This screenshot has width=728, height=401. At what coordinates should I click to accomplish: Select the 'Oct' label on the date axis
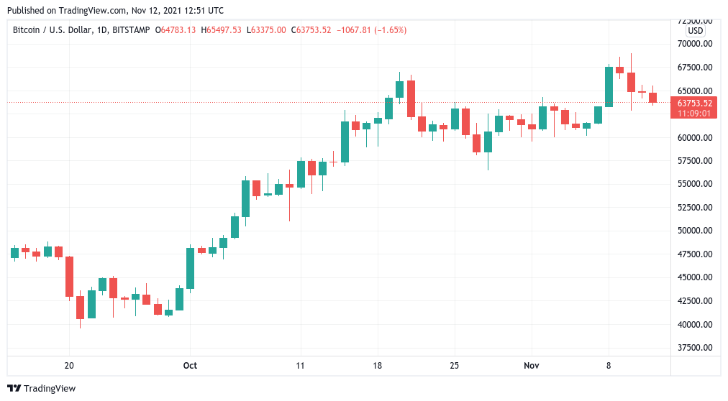click(190, 366)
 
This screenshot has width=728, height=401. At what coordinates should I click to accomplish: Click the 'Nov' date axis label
click(532, 366)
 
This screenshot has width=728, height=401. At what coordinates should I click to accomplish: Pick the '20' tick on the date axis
click(69, 366)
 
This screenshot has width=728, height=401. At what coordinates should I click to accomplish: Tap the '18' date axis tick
click(378, 366)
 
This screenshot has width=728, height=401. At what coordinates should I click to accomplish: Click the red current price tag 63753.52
click(695, 103)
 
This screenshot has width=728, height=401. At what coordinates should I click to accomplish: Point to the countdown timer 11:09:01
click(695, 113)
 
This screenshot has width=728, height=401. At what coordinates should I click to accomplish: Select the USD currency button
click(695, 31)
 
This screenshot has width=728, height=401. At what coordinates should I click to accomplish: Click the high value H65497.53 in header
click(222, 30)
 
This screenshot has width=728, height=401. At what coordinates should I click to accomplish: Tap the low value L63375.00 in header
click(266, 30)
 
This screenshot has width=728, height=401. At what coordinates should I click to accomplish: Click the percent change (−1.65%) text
click(388, 30)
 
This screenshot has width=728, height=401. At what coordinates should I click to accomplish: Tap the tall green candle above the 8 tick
click(609, 86)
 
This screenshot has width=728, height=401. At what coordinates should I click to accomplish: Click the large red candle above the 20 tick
click(69, 277)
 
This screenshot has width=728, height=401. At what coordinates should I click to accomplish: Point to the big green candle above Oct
click(190, 269)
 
